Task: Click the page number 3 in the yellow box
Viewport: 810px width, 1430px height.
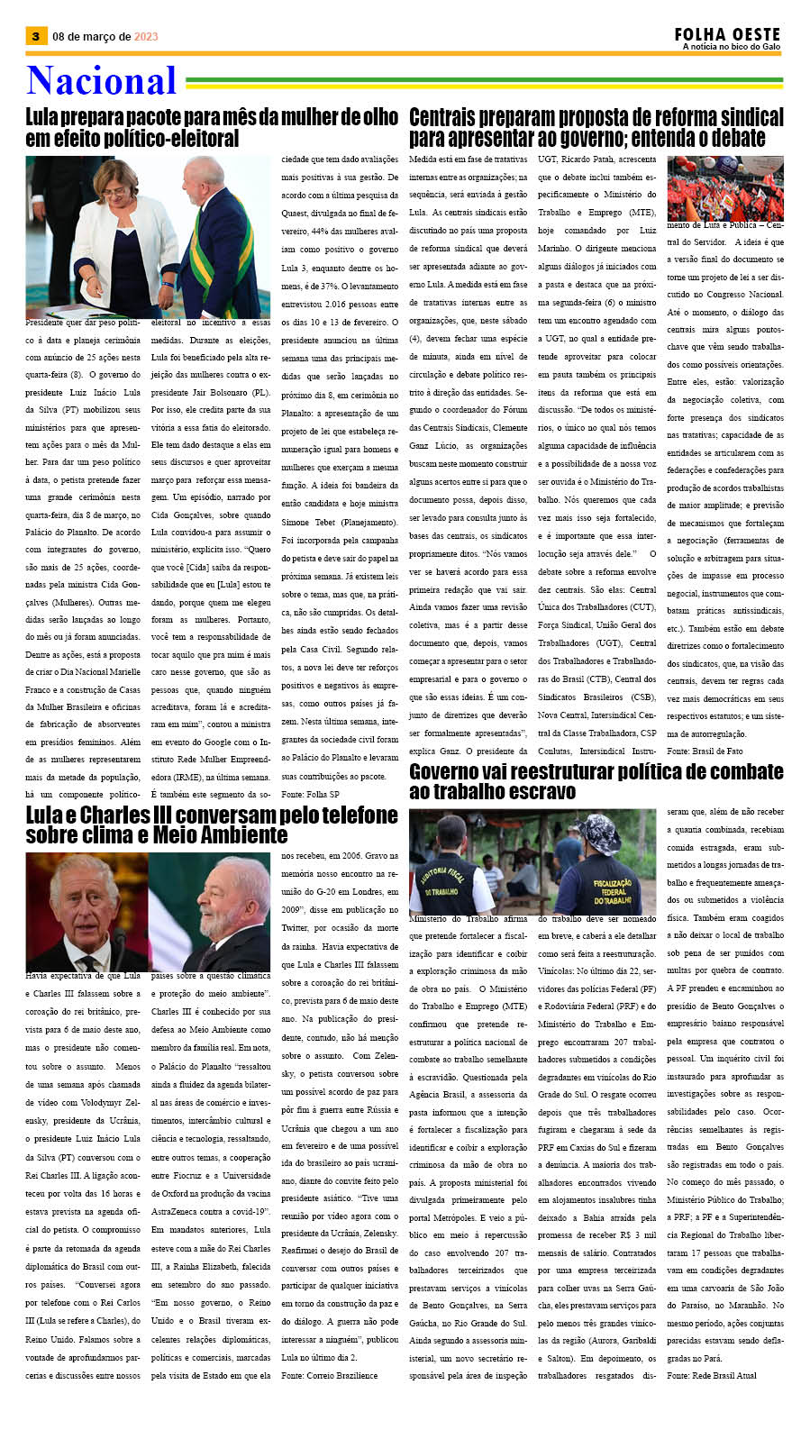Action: coord(35,36)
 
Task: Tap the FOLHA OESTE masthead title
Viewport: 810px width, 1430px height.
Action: coord(726,33)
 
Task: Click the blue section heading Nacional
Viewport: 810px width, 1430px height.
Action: coord(101,81)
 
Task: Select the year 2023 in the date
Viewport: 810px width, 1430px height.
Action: coord(146,37)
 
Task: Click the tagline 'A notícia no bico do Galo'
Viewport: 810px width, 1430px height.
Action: coord(731,47)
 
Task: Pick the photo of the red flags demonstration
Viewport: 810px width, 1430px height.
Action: coord(724,187)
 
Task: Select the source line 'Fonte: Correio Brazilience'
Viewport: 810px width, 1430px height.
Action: coord(329,1375)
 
